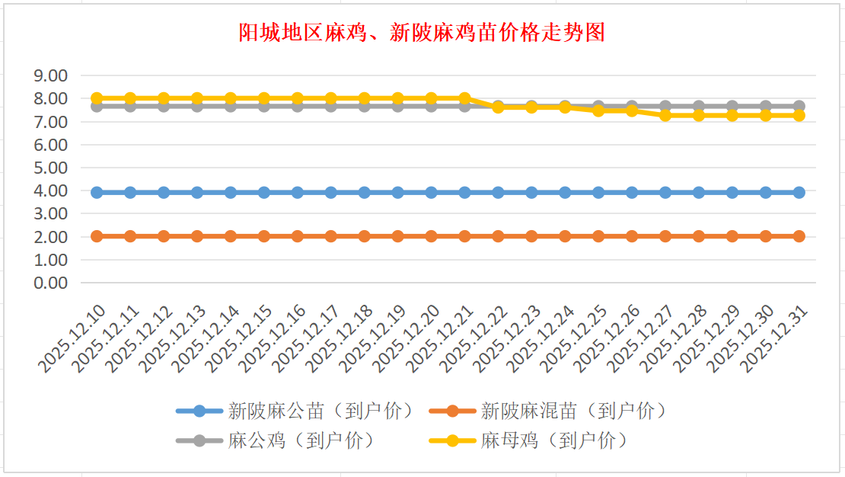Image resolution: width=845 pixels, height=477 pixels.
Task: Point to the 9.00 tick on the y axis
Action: (x=51, y=75)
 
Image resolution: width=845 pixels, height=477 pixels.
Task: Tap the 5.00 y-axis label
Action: (x=51, y=168)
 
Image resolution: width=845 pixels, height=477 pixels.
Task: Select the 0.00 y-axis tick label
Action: (x=51, y=283)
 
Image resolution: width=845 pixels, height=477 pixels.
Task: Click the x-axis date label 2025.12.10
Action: (x=74, y=340)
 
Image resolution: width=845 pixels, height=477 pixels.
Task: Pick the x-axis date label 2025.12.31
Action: (x=776, y=340)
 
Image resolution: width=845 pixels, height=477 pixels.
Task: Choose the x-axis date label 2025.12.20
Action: (x=409, y=340)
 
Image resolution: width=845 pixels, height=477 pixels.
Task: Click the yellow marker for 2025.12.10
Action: (x=97, y=98)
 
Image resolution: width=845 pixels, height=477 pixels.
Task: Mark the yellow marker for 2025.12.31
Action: (x=799, y=115)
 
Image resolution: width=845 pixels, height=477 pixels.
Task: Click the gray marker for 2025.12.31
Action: (x=799, y=106)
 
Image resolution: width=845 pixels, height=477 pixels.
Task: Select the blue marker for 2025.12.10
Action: (x=97, y=193)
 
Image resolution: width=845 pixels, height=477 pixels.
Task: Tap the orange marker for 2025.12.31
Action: (x=799, y=236)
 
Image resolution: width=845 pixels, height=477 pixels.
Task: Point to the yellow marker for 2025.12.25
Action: (x=598, y=110)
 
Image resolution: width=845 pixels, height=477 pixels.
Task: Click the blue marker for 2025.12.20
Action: (x=432, y=193)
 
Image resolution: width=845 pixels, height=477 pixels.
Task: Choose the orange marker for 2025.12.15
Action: (x=264, y=236)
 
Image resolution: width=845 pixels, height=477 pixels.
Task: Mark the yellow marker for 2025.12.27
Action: (x=665, y=115)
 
